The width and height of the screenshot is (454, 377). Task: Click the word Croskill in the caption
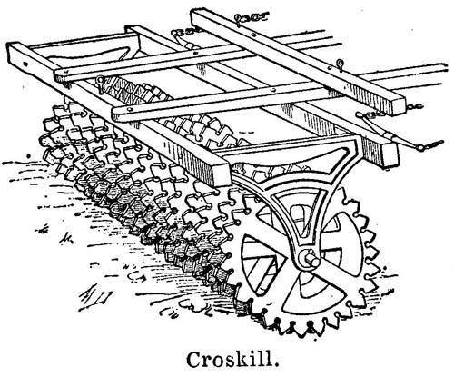click(230, 360)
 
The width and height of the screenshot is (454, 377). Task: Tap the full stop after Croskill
click(277, 365)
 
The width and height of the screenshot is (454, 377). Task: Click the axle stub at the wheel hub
click(311, 260)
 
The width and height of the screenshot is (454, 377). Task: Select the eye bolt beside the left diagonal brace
click(99, 81)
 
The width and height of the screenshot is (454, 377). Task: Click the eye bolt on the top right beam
click(340, 64)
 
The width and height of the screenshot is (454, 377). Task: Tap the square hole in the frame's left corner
click(25, 64)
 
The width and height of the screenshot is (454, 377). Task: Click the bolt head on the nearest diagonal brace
click(131, 109)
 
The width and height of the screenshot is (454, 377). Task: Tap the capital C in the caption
click(195, 360)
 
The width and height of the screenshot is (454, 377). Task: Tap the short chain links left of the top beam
click(185, 31)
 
